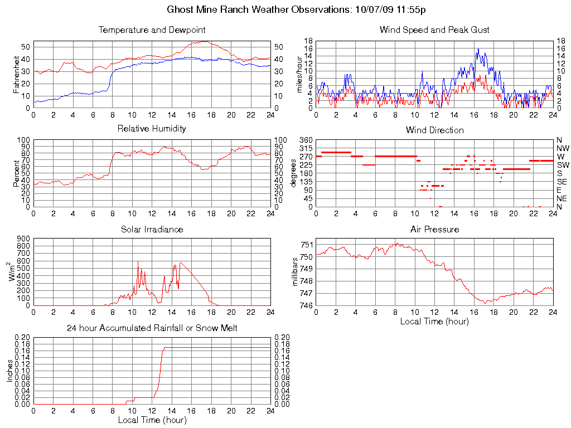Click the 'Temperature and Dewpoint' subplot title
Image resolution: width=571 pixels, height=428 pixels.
coord(152,30)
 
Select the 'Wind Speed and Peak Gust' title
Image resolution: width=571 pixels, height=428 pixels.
coord(434,30)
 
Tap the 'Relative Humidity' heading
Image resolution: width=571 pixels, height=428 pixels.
coord(152,129)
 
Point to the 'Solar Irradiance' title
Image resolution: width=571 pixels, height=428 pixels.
coord(152,229)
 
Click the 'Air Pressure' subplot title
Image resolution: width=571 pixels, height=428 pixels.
coord(434,229)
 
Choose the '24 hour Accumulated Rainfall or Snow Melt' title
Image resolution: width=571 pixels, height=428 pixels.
coord(152,328)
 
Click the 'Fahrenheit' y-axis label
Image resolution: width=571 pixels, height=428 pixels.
coord(16,74)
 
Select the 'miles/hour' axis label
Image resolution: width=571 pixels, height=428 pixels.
coord(299,74)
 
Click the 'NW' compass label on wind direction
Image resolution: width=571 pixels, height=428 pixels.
coord(562,148)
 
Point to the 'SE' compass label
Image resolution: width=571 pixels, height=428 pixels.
coord(562,182)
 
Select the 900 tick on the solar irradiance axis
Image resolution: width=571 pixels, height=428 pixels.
coord(23,239)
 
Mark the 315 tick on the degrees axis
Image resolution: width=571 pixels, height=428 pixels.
coord(305,148)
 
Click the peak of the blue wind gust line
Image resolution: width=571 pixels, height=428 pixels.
coord(477,49)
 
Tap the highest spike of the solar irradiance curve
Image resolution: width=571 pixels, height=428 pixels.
coord(138,261)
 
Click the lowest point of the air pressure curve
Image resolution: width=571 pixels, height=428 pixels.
coord(486,303)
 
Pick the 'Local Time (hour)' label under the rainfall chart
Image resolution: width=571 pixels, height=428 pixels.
coord(152,420)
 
